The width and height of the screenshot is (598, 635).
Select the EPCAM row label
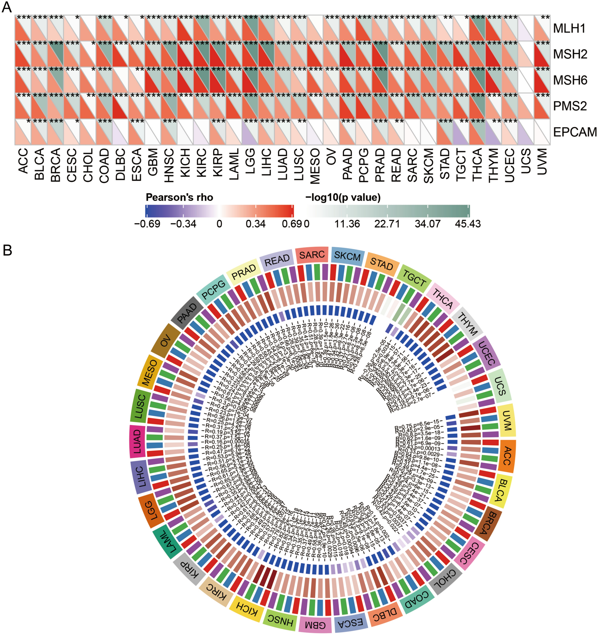(x=574, y=132)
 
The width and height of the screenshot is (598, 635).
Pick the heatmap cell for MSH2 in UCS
(x=526, y=54)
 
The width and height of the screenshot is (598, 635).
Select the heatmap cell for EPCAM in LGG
(x=250, y=132)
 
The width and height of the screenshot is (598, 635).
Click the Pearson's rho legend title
(x=179, y=198)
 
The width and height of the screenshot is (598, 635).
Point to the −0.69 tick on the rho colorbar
(x=147, y=224)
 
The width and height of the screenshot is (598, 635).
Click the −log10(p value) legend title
(x=343, y=198)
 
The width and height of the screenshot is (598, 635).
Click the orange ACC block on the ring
(x=507, y=456)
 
